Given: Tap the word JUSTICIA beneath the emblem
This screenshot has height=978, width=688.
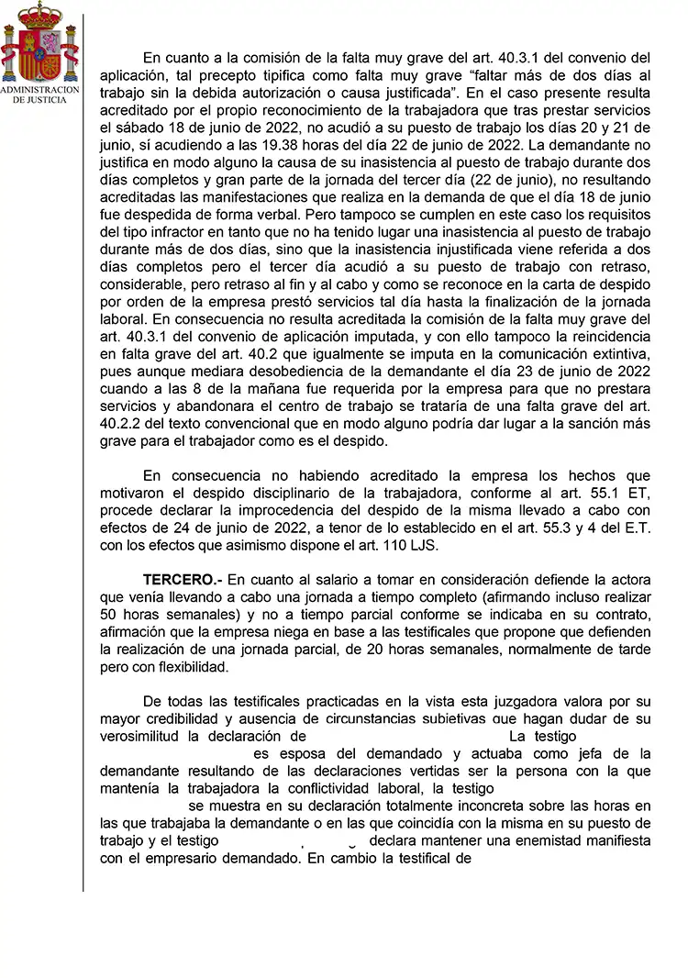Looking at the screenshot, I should pos(48,99).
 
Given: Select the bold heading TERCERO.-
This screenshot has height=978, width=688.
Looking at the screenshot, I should pos(183,579).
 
